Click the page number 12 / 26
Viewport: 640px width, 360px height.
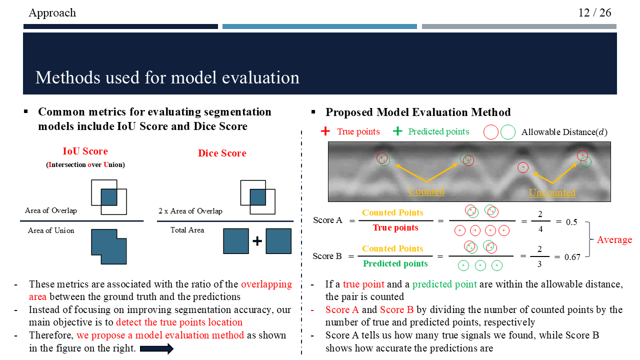tap(594, 12)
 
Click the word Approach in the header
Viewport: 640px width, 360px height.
tap(52, 13)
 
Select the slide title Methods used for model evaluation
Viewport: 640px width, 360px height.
tap(167, 77)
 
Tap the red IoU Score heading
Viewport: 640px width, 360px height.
tap(85, 151)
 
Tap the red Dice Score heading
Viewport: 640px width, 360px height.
tap(222, 153)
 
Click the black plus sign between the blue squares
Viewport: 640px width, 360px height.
tap(257, 241)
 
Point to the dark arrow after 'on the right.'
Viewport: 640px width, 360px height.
tap(156, 348)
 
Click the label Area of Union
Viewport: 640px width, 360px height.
tap(51, 230)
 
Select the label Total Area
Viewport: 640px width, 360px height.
tap(187, 230)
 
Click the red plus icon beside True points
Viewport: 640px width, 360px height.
tap(325, 131)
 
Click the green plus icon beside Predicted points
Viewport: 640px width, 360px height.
tap(397, 131)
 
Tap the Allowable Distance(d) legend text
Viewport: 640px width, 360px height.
tap(564, 132)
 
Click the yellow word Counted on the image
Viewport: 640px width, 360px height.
tap(426, 191)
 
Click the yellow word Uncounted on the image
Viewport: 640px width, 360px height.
tap(552, 192)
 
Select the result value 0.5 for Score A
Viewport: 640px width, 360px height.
tap(571, 221)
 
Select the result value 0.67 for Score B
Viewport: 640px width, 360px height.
tap(572, 257)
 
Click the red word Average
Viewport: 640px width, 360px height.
tap(614, 240)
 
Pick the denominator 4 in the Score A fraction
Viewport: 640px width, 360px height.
tap(540, 229)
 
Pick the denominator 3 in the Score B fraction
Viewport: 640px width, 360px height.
tap(539, 264)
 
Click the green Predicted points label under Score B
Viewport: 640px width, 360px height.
tap(395, 263)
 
